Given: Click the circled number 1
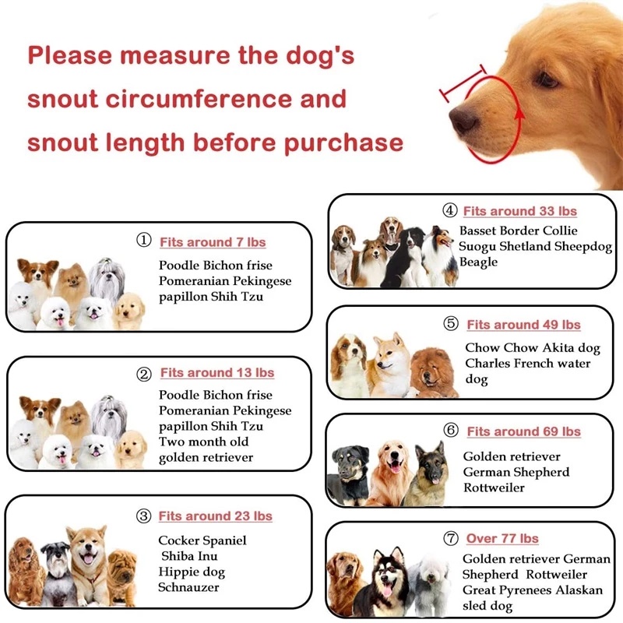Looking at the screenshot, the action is coord(144,241).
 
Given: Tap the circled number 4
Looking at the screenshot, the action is coord(450,210).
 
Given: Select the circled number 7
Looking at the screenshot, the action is coord(451,538).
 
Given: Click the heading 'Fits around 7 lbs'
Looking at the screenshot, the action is coord(213,242).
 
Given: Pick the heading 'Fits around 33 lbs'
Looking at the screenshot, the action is coord(520,211).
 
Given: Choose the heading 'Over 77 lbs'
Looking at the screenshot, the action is coord(502,538).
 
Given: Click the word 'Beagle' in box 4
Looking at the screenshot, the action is coord(478,262).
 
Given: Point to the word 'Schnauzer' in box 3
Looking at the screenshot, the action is coord(188,587).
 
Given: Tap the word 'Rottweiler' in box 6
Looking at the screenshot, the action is coord(494,488).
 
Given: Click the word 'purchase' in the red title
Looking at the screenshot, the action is coord(343,144).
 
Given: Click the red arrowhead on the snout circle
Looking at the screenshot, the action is coord(519,114).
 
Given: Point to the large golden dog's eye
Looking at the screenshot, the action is coord(546,80).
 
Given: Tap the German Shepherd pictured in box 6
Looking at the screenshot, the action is coord(428,475).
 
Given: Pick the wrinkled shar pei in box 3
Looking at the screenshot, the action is coord(121,577).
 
